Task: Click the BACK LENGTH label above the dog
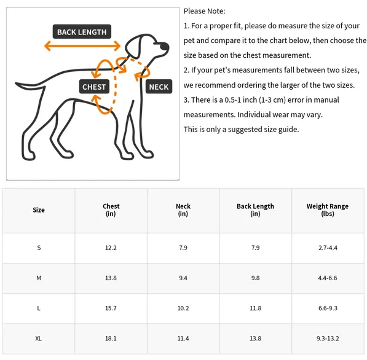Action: pyautogui.click(x=82, y=31)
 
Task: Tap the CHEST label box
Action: pyautogui.click(x=94, y=87)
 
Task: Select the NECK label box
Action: pyautogui.click(x=159, y=87)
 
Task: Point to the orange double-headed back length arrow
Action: pyautogui.click(x=82, y=45)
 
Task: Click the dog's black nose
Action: pyautogui.click(x=165, y=46)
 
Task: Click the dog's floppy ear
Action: pyautogui.click(x=133, y=46)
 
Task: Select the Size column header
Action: pyautogui.click(x=39, y=210)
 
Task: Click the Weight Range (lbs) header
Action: pyautogui.click(x=328, y=210)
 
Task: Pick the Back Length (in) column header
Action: pyautogui.click(x=255, y=210)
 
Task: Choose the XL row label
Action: pyautogui.click(x=38, y=338)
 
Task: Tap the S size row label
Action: pyautogui.click(x=39, y=248)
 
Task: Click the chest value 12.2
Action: pyautogui.click(x=111, y=248)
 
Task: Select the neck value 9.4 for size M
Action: pyautogui.click(x=183, y=278)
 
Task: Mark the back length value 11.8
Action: pyautogui.click(x=255, y=308)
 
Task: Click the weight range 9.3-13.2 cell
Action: pyautogui.click(x=328, y=338)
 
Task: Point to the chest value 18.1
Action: pyautogui.click(x=111, y=338)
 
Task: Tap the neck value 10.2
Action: pyautogui.click(x=183, y=308)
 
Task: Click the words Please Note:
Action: pyautogui.click(x=204, y=11)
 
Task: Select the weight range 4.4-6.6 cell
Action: pyautogui.click(x=328, y=278)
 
